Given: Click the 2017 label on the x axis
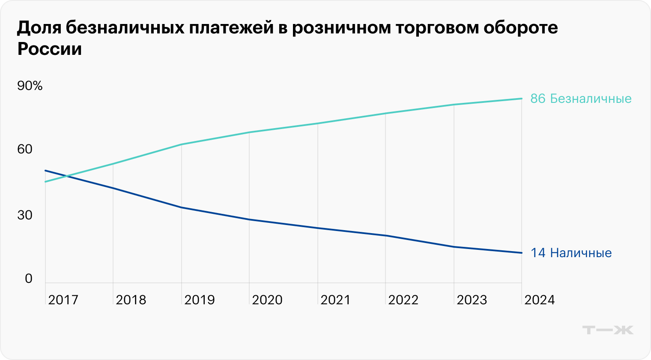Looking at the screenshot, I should click(63, 300).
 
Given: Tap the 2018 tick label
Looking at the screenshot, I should click(131, 300).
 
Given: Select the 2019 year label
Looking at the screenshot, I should click(199, 300).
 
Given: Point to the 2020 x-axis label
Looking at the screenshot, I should click(267, 300).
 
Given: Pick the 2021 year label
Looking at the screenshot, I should click(335, 300).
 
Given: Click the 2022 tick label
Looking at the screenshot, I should click(403, 300).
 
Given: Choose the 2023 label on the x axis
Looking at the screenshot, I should click(472, 300).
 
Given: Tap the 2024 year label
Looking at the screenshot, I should click(540, 300).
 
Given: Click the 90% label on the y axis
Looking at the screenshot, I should click(30, 86).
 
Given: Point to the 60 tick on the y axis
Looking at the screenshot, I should click(25, 149).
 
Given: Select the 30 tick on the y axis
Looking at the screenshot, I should click(25, 215).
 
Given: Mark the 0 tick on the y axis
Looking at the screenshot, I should click(29, 279).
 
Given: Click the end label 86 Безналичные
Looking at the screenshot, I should click(581, 99).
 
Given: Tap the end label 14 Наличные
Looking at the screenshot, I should click(571, 253).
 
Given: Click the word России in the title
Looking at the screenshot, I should click(49, 49).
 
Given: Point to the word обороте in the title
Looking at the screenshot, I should click(521, 28).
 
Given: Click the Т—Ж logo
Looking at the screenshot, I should click(608, 330).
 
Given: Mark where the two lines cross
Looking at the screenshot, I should click(66, 176).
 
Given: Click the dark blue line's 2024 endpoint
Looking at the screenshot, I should click(522, 253).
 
